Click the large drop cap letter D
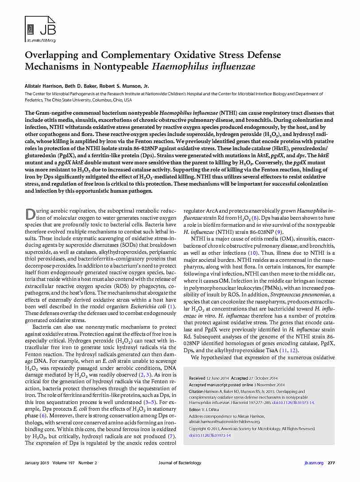pos(29,214)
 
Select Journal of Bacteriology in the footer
pos(180,463)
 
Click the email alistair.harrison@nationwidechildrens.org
pos(225,422)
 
